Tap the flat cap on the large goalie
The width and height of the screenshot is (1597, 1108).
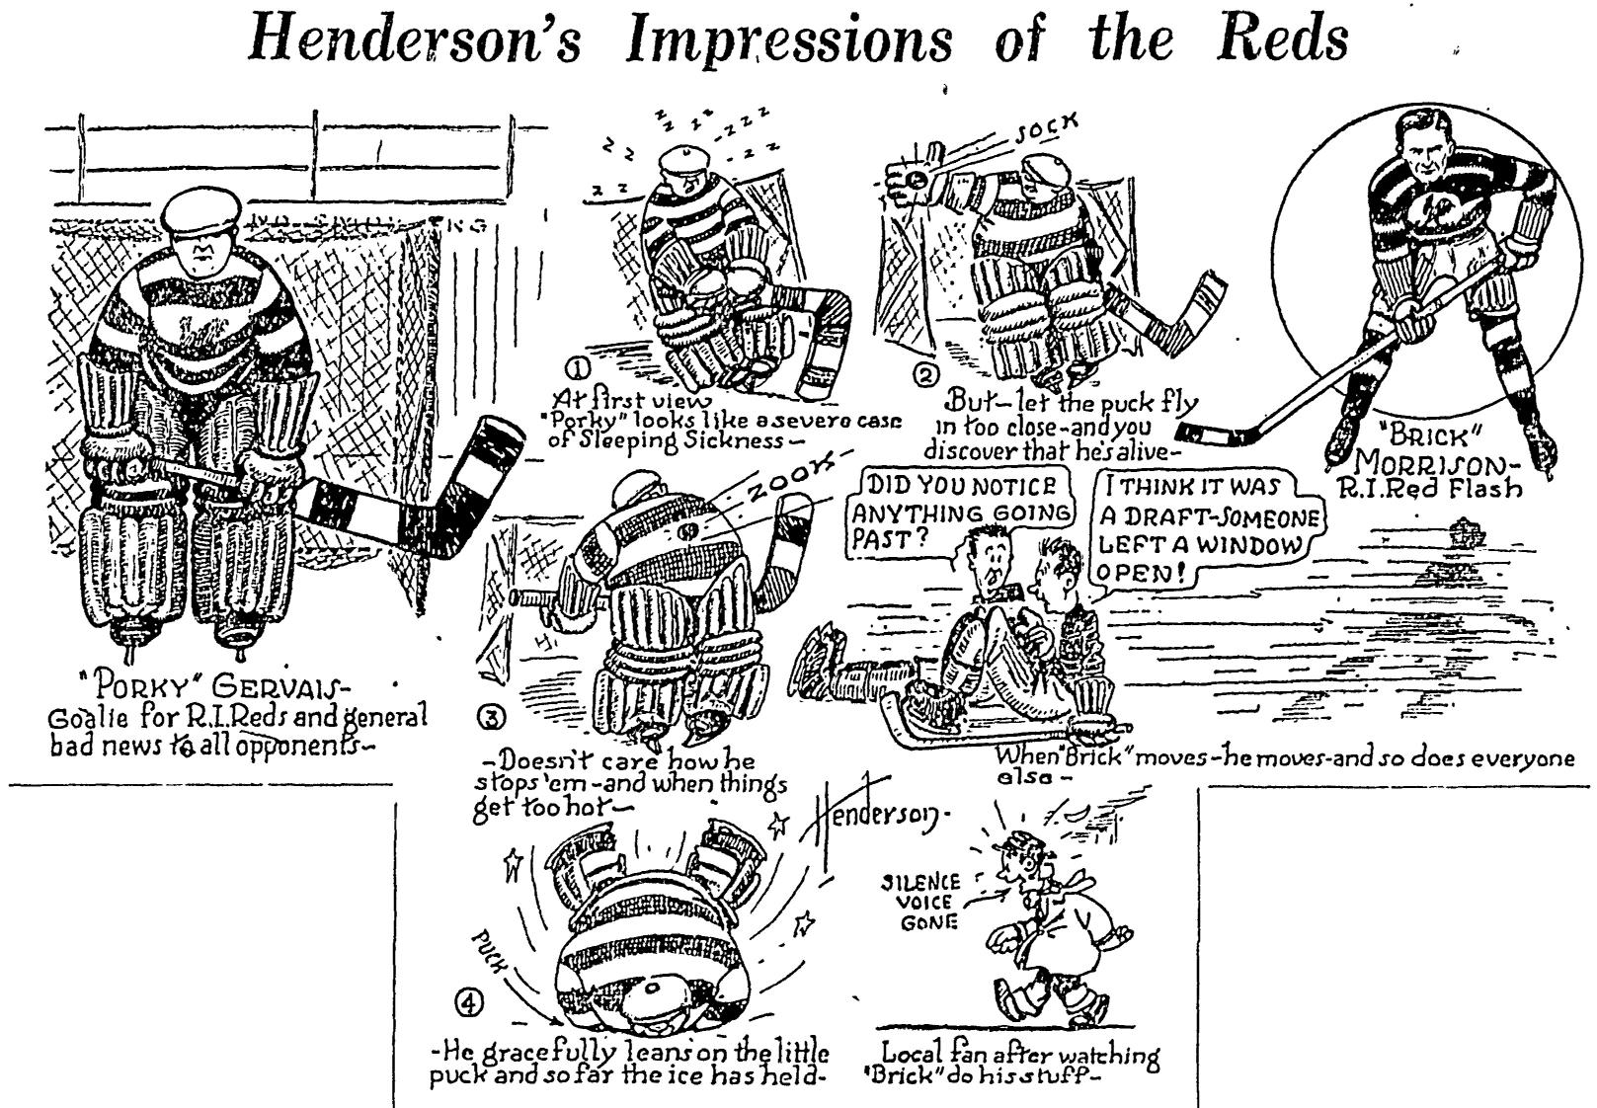203,209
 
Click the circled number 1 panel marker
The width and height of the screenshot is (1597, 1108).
577,367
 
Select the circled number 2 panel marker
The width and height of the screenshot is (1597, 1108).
925,376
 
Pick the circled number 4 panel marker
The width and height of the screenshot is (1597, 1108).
468,1001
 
